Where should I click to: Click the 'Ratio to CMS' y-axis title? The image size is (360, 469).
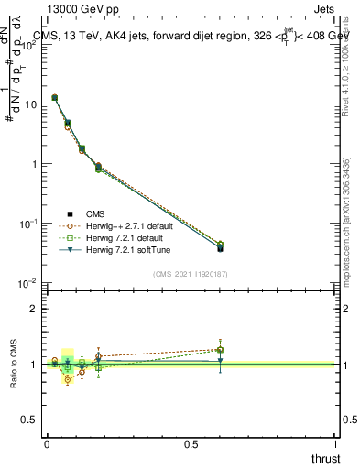(x=12, y=364)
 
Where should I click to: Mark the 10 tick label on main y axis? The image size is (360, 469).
(x=30, y=104)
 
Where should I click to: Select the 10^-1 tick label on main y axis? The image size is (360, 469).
(x=28, y=224)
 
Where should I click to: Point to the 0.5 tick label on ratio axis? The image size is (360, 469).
(x=30, y=420)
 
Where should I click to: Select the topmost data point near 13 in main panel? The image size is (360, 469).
(x=55, y=97)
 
